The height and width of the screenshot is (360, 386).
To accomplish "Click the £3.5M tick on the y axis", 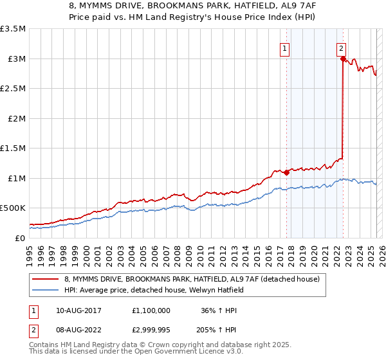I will (x=13, y=29).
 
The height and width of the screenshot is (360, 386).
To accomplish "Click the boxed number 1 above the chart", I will (x=284, y=47).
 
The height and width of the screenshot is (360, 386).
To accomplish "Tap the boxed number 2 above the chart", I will (x=340, y=47).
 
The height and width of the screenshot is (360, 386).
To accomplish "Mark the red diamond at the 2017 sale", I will (x=286, y=172).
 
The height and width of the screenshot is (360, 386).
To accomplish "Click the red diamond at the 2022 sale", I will (x=342, y=59).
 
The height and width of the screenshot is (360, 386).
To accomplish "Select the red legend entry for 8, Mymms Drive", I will (x=187, y=279).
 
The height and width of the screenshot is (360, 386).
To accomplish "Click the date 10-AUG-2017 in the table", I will (x=80, y=310).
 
